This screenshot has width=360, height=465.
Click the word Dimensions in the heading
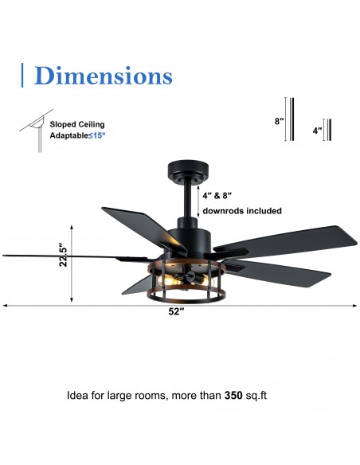(104, 76)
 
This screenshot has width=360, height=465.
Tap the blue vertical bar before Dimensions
(22, 75)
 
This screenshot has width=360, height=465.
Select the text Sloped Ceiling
(77, 124)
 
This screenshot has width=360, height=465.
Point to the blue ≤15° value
(116, 135)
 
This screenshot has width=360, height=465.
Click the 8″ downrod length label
(278, 121)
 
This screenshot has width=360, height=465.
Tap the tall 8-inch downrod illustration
(292, 119)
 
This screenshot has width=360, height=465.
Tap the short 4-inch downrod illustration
(327, 129)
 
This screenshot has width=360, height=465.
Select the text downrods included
(241, 211)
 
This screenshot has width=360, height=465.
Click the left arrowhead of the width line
(5, 305)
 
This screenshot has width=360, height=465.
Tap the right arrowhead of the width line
(354, 305)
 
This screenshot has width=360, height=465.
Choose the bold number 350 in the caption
(233, 394)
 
